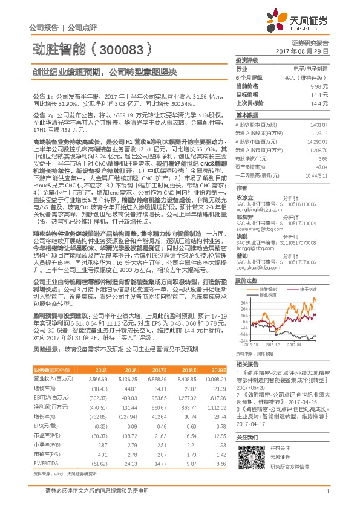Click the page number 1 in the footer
click(x=327, y=493)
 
